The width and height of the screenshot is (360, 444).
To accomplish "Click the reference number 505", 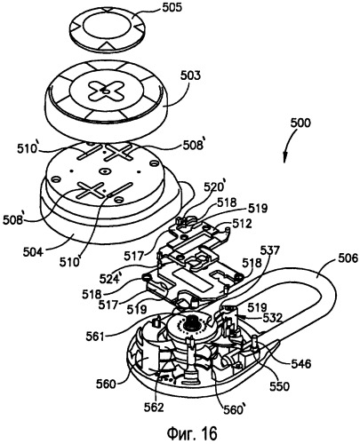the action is click(172, 7).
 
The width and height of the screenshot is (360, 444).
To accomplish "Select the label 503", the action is click(190, 76).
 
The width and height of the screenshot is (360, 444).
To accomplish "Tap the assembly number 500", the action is click(300, 123).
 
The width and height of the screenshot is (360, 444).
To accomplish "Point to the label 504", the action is click(33, 252).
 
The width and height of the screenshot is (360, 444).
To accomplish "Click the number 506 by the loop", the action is click(348, 259).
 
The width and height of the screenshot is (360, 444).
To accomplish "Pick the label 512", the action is click(242, 224).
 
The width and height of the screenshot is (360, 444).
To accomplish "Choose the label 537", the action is click(269, 251).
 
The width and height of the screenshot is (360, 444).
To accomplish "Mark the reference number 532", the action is click(272, 318).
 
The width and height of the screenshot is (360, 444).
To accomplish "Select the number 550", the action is click(279, 386).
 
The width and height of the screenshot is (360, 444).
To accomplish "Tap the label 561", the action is click(95, 337).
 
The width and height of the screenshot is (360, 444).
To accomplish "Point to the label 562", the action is click(154, 408).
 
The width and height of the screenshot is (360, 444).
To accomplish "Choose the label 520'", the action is click(214, 187).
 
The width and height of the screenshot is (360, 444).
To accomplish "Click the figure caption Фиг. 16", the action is click(192, 433).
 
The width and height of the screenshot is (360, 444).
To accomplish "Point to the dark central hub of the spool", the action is click(190, 324).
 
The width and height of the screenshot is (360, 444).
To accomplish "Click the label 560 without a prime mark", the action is click(106, 384).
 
